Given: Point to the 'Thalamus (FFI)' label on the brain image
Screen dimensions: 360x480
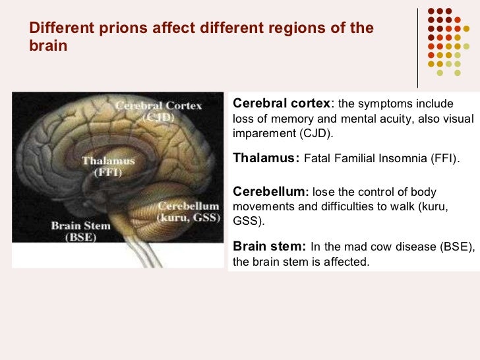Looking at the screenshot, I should click(x=108, y=166).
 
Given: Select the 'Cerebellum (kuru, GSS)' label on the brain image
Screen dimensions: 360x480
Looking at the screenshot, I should click(x=188, y=210).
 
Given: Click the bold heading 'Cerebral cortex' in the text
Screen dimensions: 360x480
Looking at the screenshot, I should click(x=282, y=104).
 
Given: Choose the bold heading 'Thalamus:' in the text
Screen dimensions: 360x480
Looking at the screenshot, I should click(x=266, y=159).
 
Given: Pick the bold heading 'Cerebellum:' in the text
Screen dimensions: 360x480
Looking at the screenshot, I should click(x=271, y=192).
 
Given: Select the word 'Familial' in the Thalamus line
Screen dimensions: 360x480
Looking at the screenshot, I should click(x=351, y=160).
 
